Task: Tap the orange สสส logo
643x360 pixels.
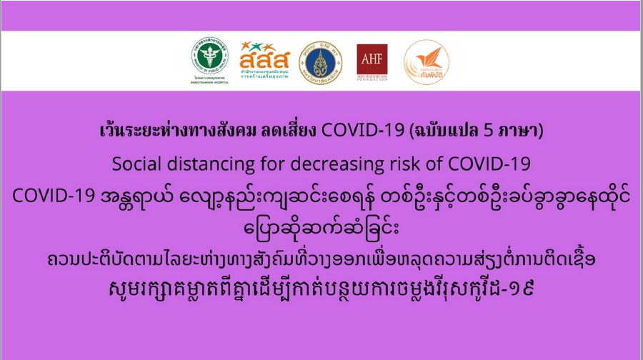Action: click(x=264, y=60)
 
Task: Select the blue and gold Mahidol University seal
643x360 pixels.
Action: click(x=321, y=63)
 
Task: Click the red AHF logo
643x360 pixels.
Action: click(x=372, y=62)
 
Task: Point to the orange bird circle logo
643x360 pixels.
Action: click(x=426, y=62)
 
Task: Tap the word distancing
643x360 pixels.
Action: click(x=211, y=165)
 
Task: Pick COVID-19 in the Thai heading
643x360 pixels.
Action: click(x=362, y=131)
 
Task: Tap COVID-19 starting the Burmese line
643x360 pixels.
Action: click(x=54, y=196)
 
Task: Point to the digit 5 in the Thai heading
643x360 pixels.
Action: click(x=488, y=131)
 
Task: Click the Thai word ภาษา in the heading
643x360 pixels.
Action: click(x=517, y=131)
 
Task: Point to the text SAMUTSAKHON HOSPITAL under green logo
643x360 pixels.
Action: click(x=209, y=82)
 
